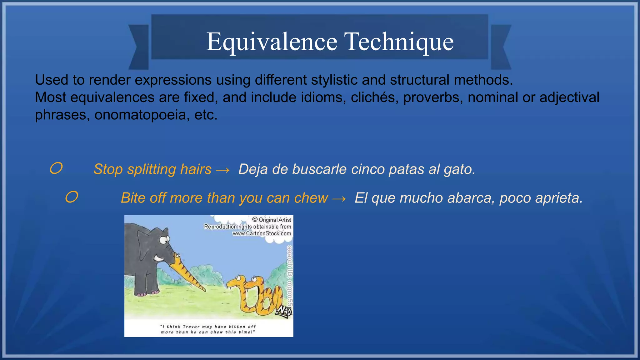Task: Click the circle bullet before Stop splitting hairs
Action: tap(56, 168)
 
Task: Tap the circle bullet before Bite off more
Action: tap(72, 197)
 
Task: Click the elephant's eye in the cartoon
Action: tap(163, 240)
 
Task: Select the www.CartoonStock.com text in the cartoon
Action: tap(262, 233)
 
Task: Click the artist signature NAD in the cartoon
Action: tap(285, 311)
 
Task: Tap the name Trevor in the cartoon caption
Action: tap(192, 327)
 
